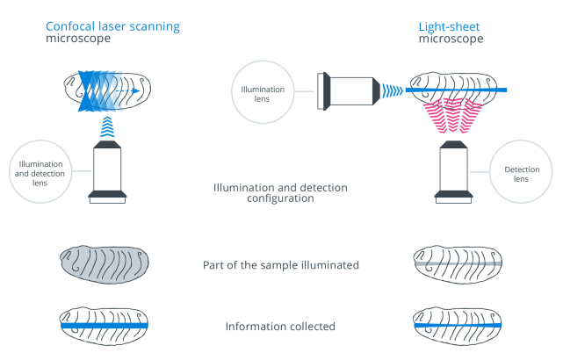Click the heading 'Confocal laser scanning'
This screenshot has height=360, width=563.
click(112, 26)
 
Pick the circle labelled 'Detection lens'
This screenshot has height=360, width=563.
click(521, 173)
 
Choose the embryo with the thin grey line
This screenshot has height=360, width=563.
click(456, 264)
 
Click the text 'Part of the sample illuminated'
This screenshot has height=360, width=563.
click(280, 265)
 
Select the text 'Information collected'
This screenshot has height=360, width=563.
click(280, 327)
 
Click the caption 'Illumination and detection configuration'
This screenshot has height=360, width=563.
click(280, 193)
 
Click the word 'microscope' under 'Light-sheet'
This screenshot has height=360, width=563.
click(451, 40)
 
